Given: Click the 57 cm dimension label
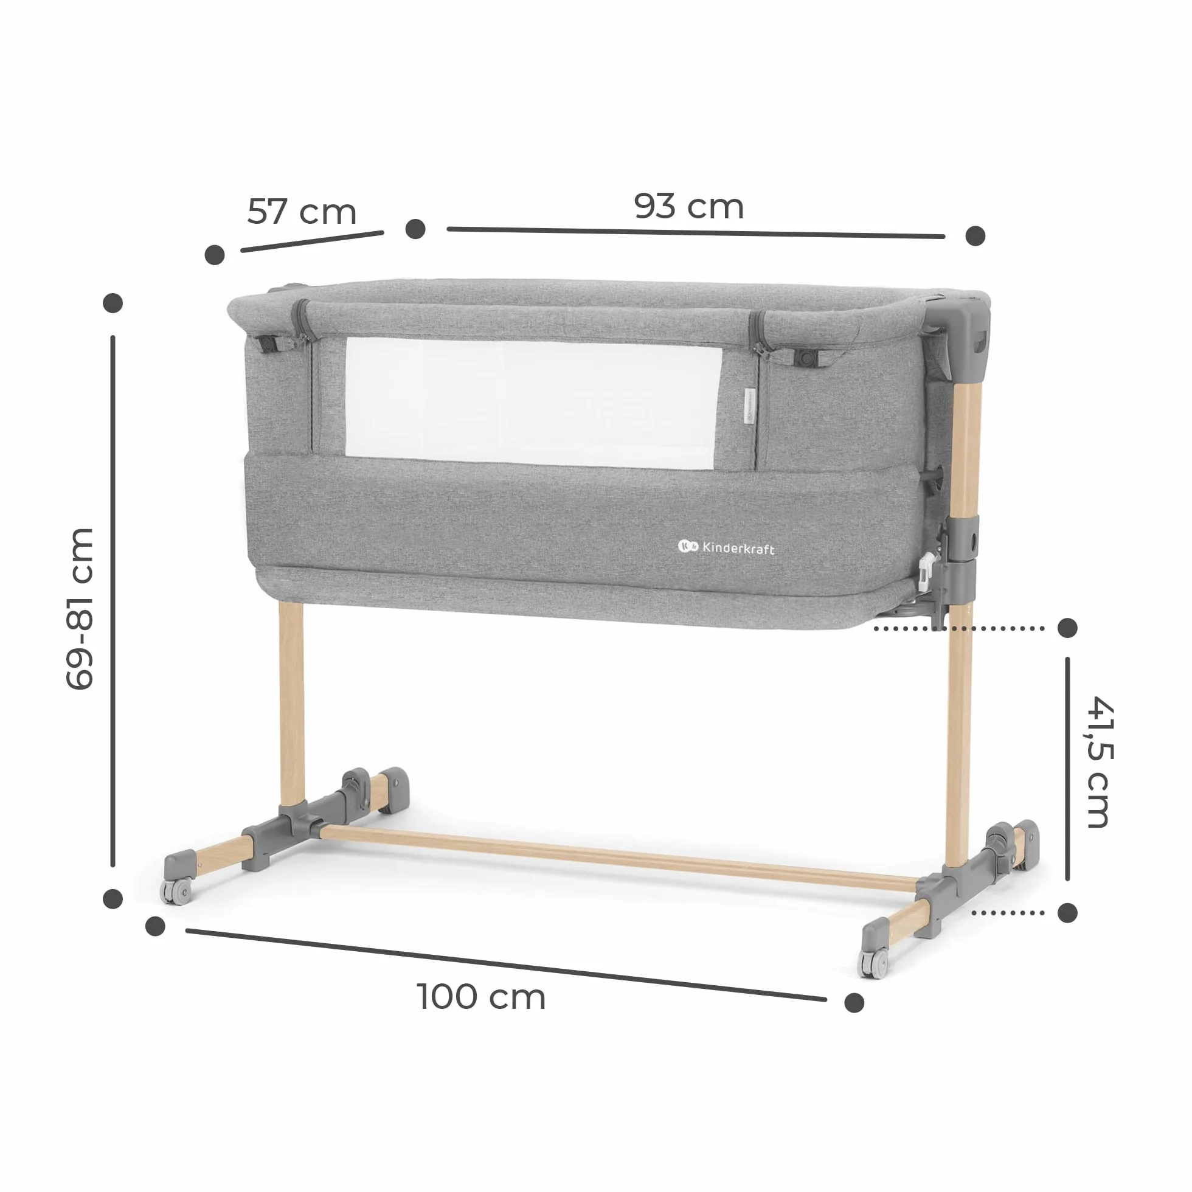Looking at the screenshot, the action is (x=302, y=212).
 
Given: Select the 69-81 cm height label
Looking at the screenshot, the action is (x=80, y=608).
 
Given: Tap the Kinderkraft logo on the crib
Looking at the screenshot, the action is (x=726, y=547).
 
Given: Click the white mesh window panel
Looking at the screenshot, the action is (x=533, y=401).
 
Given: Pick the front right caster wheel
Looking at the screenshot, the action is (x=874, y=963).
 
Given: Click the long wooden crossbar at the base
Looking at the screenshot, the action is (x=617, y=857).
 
